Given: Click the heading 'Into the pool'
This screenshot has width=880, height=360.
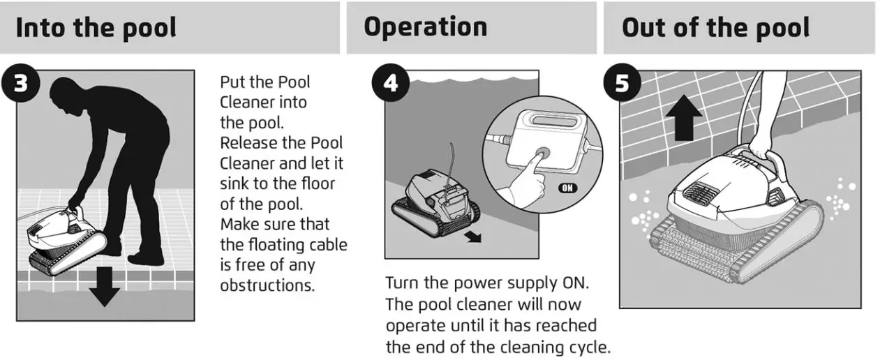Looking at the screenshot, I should point(96,29).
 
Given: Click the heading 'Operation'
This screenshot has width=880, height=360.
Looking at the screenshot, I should point(425,27).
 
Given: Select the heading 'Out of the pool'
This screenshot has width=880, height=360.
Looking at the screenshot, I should point(715,28).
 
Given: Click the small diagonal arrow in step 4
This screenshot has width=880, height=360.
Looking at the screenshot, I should point(473,237).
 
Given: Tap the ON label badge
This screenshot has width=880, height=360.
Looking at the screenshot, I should point(569,188).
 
